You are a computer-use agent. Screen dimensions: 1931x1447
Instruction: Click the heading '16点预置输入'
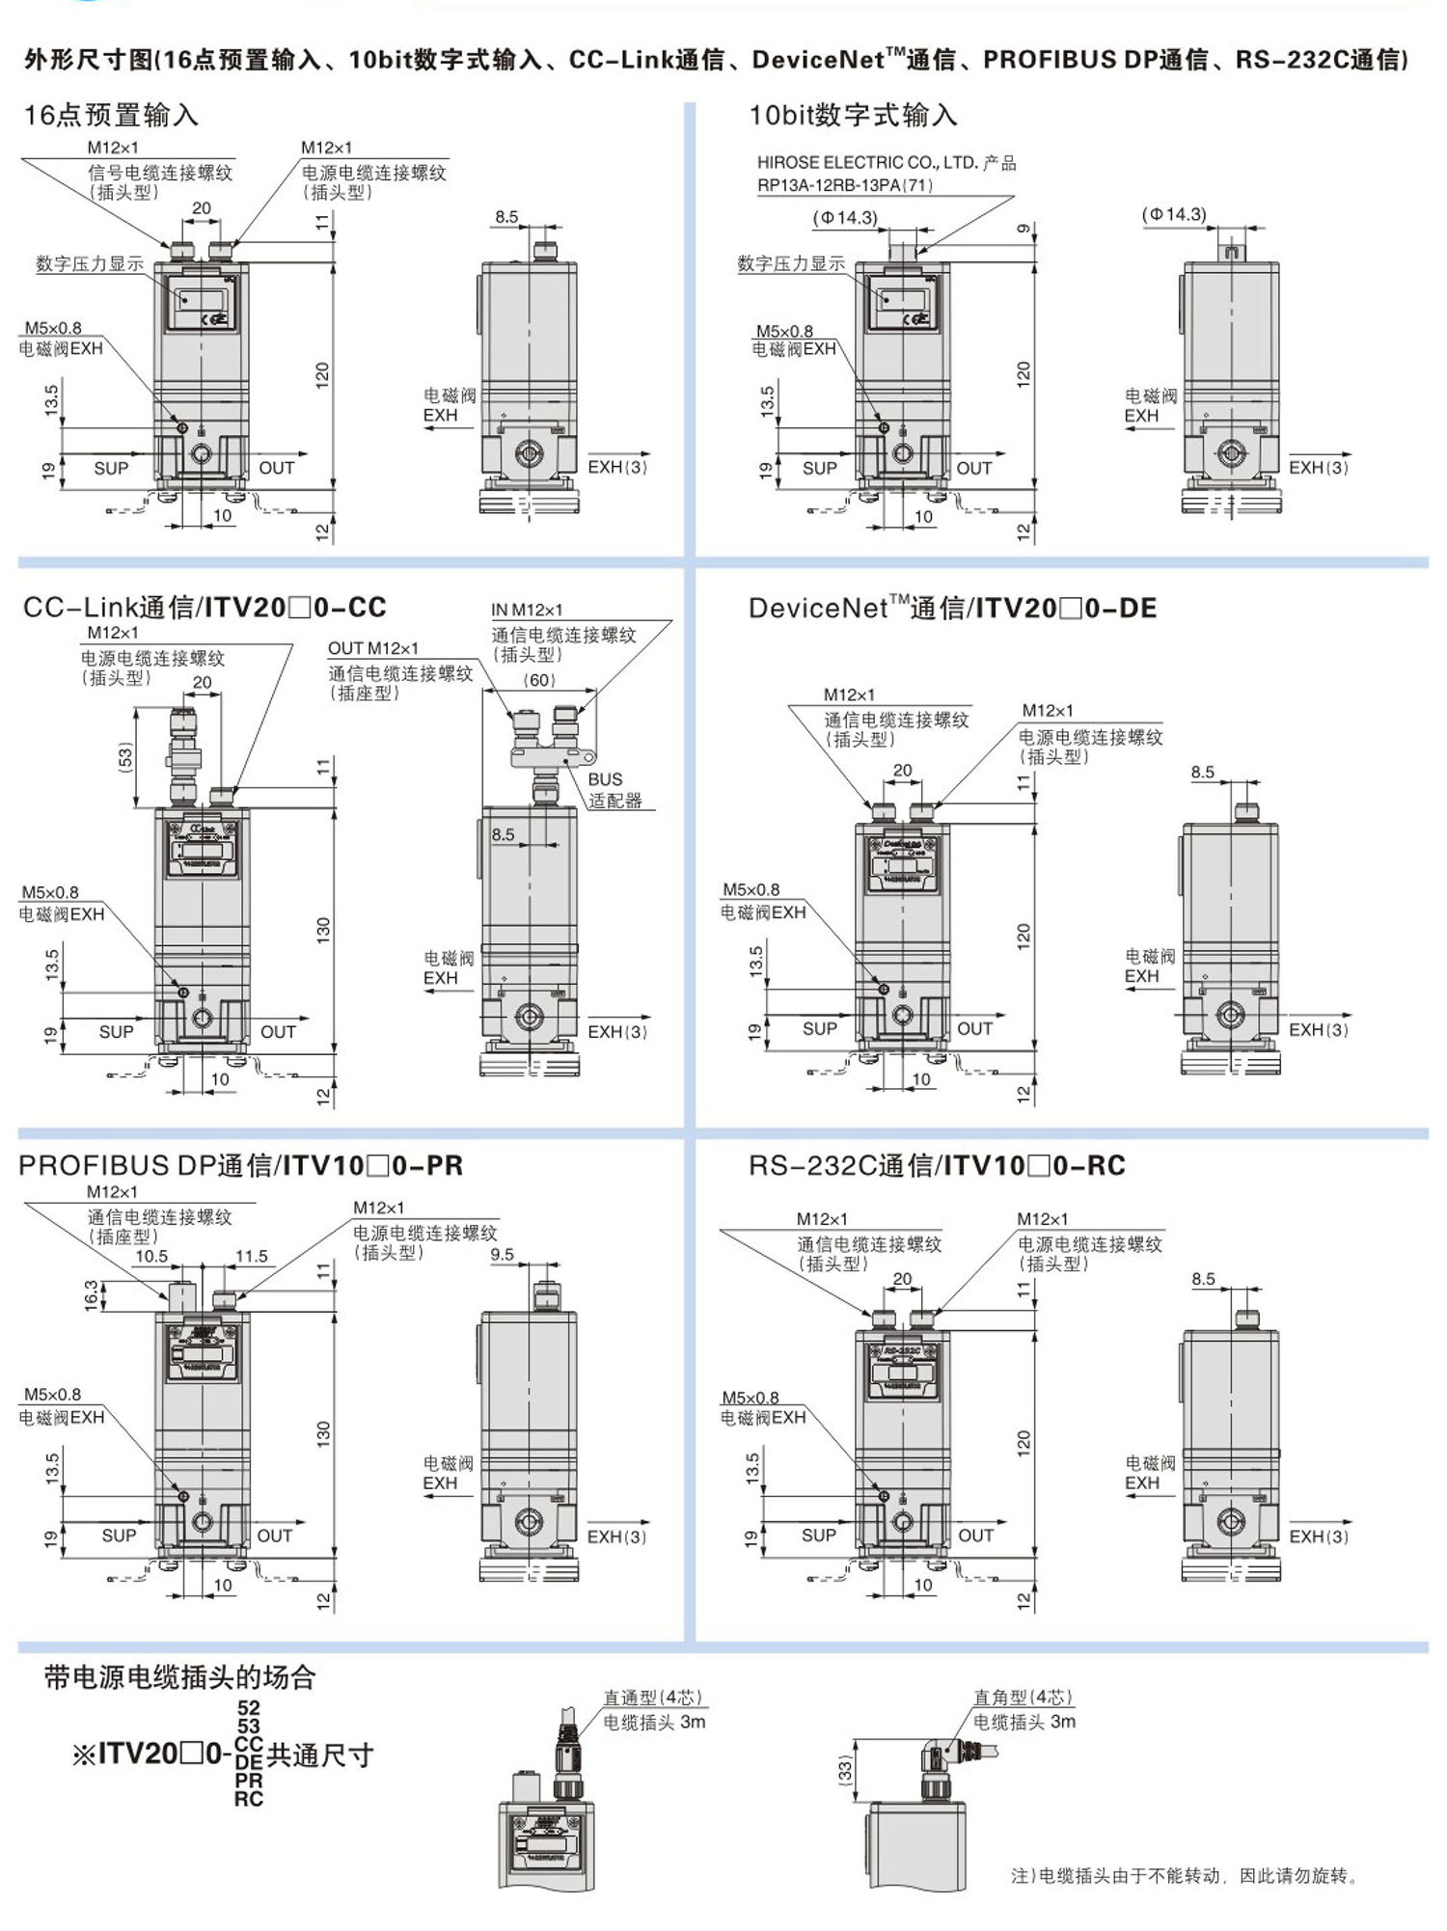tap(111, 116)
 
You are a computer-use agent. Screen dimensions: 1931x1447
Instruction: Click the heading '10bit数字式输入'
tap(853, 116)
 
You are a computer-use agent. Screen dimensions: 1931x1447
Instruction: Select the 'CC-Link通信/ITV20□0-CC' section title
tap(205, 608)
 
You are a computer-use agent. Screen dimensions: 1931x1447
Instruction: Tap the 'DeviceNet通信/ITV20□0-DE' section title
tap(952, 608)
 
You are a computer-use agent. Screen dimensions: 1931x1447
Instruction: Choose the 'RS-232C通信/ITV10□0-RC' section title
tap(937, 1165)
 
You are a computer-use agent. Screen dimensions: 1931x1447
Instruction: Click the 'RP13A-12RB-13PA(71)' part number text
tap(845, 185)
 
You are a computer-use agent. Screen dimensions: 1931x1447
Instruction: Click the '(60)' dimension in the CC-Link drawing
tap(539, 680)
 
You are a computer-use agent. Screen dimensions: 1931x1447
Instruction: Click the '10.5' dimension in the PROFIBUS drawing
tap(151, 1256)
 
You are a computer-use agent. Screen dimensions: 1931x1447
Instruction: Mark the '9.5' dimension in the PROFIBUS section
tap(502, 1255)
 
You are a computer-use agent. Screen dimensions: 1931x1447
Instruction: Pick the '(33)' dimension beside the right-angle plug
tap(845, 1771)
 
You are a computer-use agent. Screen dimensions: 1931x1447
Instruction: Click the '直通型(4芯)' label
tap(653, 1698)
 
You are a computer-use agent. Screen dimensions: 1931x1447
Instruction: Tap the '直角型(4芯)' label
tap(1023, 1698)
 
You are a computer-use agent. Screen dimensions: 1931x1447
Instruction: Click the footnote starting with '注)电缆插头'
tap(1185, 1876)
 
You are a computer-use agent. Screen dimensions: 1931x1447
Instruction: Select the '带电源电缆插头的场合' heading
tap(179, 1677)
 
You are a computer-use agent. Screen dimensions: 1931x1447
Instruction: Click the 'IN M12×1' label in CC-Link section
tap(527, 610)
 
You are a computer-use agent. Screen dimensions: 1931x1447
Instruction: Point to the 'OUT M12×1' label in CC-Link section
tap(373, 648)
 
